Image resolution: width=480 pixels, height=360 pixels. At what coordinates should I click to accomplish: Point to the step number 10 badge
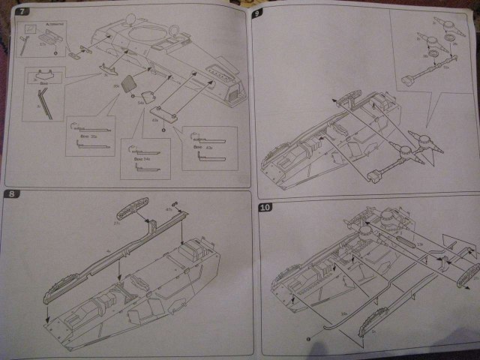pyautogui.click(x=264, y=207)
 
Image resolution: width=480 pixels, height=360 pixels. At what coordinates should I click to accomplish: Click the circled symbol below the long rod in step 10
pyautogui.click(x=308, y=338)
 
